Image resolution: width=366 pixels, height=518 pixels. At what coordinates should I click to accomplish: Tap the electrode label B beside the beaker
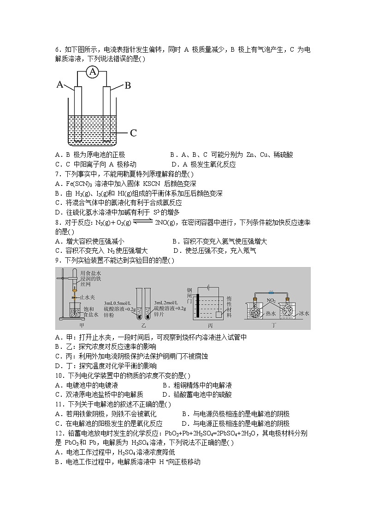(x=128, y=85)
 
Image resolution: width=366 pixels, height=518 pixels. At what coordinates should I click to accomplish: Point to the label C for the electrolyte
(x=133, y=133)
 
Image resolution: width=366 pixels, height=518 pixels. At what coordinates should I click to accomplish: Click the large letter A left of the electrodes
(x=60, y=84)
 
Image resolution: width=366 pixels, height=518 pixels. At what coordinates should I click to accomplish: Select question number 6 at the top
(x=58, y=50)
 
